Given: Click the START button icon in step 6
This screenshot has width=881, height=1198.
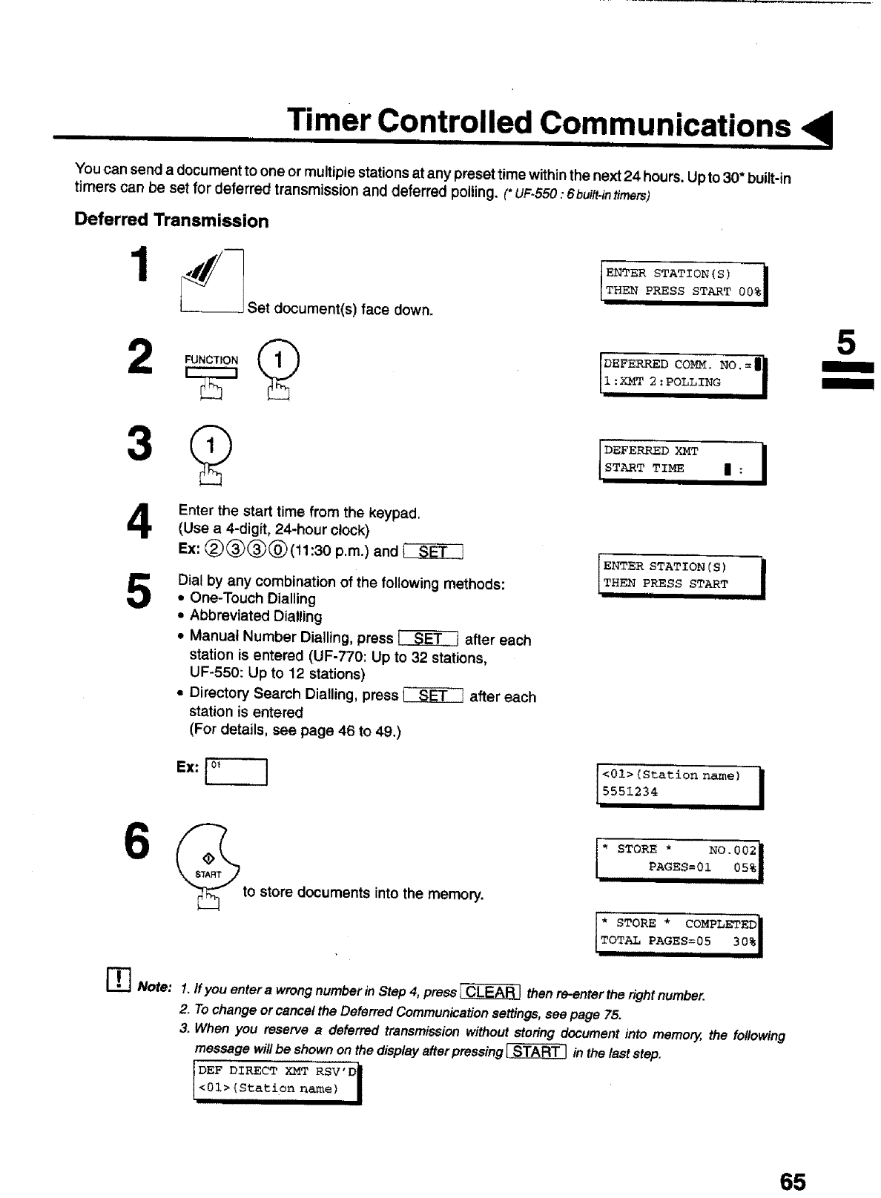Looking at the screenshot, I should point(208,861).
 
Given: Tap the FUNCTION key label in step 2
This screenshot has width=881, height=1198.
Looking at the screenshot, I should point(211,360).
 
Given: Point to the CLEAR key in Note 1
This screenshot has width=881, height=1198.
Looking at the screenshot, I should point(490,993).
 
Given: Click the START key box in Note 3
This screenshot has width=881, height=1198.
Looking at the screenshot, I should point(536,1051).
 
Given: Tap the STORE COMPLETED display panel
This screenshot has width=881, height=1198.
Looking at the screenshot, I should point(679,933).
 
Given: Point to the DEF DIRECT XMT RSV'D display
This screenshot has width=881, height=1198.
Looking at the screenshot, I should point(276,1080).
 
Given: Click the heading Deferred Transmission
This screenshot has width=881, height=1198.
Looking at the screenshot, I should point(171,221).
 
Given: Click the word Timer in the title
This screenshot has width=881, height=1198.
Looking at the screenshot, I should point(329,122).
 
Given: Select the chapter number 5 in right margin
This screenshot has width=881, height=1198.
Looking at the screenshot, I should point(846,343).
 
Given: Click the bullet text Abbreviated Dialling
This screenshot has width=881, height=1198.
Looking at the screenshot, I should point(256,616).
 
